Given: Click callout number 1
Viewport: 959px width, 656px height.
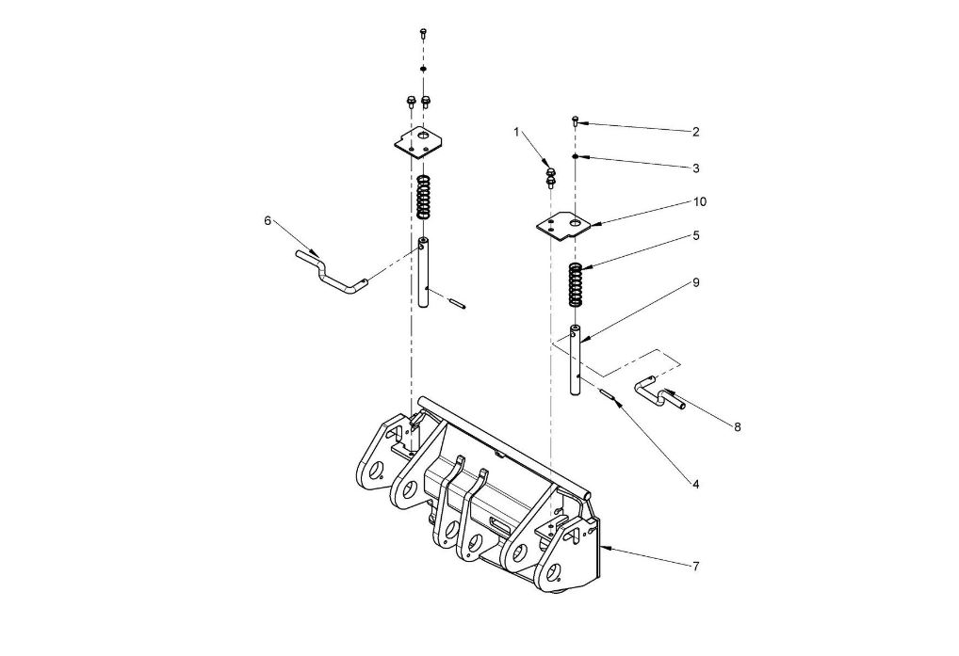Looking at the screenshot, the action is [516, 132].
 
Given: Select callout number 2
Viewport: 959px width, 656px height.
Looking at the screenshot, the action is [695, 132].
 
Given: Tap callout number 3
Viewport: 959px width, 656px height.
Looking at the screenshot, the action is [696, 168].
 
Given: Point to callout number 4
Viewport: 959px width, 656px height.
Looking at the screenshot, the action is [695, 485].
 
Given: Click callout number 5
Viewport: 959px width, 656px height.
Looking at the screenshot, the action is [696, 236].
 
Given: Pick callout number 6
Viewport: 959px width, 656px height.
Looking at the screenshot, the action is [268, 221].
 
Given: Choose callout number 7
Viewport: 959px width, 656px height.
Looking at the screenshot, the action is [696, 567].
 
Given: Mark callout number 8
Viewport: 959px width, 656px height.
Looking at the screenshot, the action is [737, 427].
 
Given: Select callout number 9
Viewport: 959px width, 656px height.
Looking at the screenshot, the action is [696, 282].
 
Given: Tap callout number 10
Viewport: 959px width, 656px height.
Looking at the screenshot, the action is [700, 201].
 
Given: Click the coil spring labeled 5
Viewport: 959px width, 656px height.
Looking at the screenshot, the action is [575, 284].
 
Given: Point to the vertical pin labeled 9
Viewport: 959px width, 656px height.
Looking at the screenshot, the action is [575, 360].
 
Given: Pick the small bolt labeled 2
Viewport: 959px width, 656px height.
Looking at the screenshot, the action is [576, 120].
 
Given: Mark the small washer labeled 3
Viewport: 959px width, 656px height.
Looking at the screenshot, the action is [576, 157].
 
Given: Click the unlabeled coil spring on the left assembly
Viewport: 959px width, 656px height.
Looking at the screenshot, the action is [422, 198].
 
